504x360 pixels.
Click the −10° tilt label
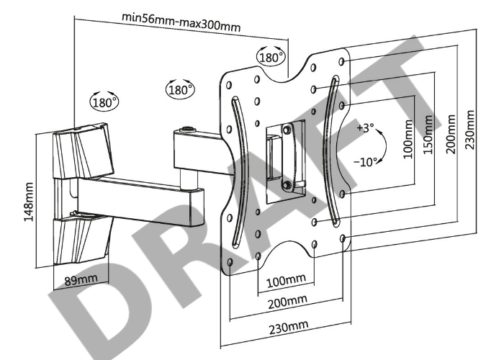364,162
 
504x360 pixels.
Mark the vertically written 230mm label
470,130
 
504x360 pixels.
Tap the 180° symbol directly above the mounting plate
271,56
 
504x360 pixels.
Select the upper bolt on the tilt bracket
287,130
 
